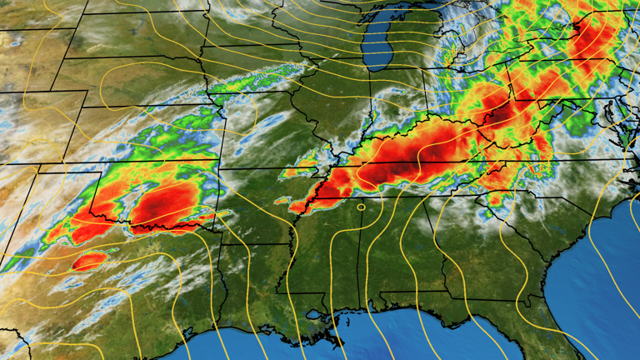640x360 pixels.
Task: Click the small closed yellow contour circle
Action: (361, 206)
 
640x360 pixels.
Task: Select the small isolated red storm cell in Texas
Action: (88, 262)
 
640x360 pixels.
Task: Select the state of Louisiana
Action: (258, 292)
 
